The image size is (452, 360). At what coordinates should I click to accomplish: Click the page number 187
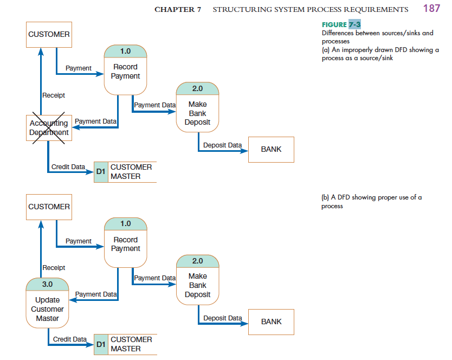(431, 8)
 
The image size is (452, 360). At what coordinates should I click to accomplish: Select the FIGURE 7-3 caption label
(341, 25)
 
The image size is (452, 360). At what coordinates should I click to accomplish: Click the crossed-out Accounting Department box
(49, 128)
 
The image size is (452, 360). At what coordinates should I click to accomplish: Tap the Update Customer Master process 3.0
(47, 303)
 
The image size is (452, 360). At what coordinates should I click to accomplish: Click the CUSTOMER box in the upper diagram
(49, 34)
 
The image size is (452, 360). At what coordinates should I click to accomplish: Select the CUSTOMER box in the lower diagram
(49, 207)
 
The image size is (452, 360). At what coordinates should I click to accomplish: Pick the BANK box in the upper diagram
(271, 149)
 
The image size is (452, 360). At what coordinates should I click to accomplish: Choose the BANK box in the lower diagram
(271, 322)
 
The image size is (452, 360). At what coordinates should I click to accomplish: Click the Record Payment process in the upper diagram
(125, 69)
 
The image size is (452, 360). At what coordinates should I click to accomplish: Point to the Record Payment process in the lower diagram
(125, 242)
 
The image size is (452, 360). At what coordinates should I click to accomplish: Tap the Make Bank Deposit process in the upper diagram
(197, 107)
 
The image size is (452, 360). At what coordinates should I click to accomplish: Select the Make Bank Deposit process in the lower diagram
(197, 280)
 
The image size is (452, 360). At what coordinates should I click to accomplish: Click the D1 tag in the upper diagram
(101, 172)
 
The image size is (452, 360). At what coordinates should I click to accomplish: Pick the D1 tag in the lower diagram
(101, 344)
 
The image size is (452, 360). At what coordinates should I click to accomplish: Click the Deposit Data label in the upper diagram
(222, 145)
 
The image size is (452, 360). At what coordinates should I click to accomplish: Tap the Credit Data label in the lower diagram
(69, 339)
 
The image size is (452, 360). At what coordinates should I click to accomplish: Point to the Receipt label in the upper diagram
(54, 95)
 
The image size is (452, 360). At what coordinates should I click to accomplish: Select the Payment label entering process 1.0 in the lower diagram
(79, 241)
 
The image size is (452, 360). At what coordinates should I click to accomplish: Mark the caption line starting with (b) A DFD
(371, 197)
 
